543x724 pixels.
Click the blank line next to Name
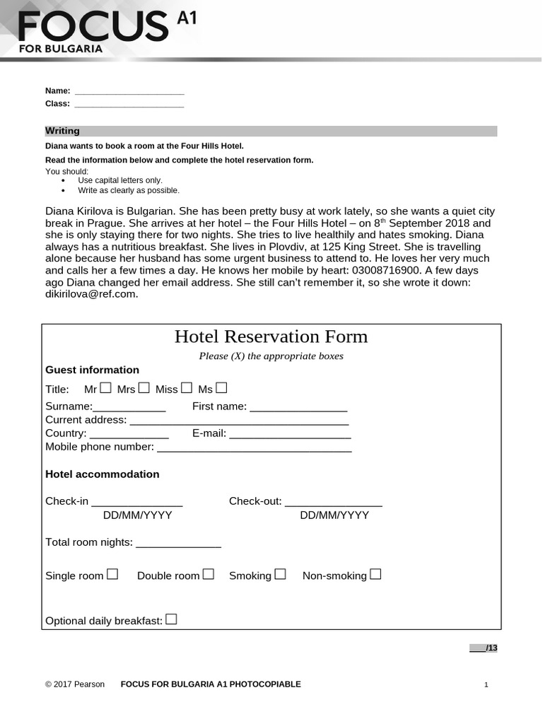pos(129,91)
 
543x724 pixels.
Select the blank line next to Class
pos(129,104)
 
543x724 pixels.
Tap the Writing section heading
pos(62,131)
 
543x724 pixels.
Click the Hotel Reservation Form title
pos(271,337)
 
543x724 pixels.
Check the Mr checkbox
pos(106,387)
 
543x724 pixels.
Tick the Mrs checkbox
pos(144,387)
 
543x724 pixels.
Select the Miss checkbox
pos(187,387)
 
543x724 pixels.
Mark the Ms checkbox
pos(221,387)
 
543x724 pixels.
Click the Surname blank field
pos(129,407)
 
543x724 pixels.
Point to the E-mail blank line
pos(290,434)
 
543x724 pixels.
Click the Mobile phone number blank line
pos(255,448)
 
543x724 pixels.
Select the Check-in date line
pos(137,502)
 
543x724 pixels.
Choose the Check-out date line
pos(334,502)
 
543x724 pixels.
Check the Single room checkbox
pos(112,575)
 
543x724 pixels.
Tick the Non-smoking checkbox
pos(375,574)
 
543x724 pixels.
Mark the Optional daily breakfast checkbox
pos(171,620)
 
